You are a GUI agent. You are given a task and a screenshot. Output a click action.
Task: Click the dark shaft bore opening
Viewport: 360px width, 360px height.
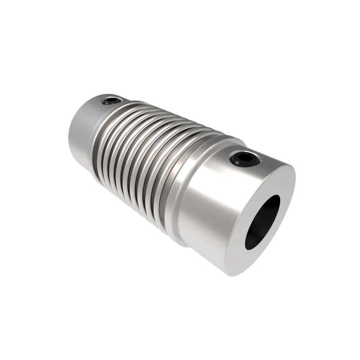point(262,222)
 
